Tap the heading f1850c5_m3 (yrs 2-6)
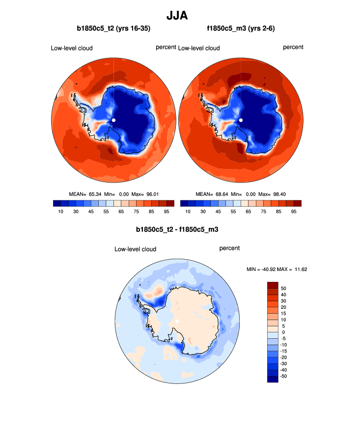(241, 29)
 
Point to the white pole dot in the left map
(113, 120)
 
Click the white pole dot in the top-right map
(241, 120)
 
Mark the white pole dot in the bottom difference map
(177, 322)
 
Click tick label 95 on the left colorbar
(166, 212)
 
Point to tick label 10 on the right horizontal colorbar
(188, 212)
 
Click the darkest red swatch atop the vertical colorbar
(273, 285)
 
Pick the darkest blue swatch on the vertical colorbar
(273, 379)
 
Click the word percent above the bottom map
(229, 248)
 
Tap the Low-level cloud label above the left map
(72, 48)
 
